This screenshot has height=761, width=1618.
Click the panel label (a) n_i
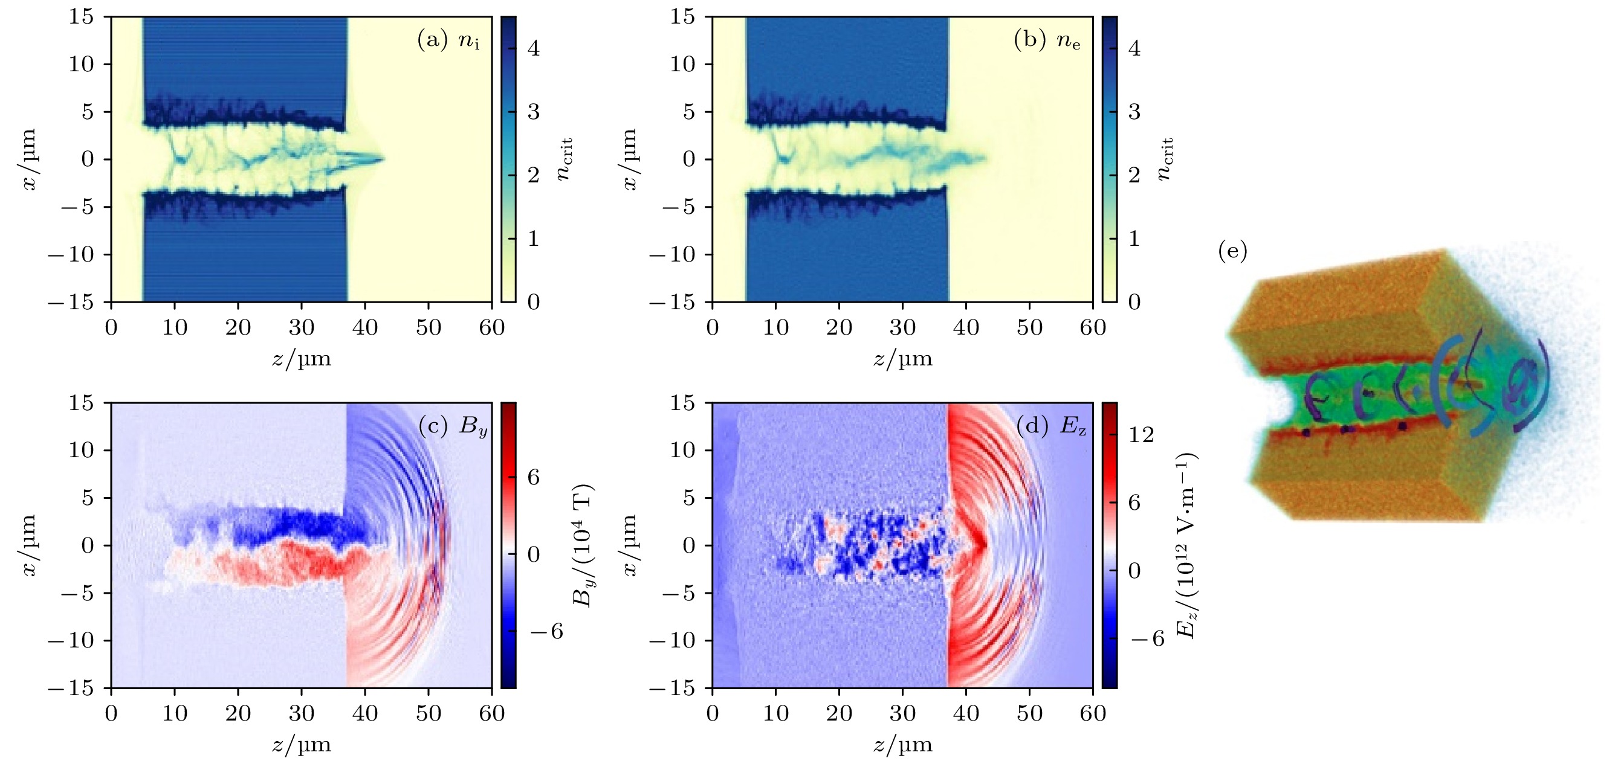coord(448,41)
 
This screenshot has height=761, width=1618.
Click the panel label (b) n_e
coord(1047,41)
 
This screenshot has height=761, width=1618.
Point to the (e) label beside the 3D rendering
coord(1232,252)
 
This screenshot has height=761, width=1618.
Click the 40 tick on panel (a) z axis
coord(365,327)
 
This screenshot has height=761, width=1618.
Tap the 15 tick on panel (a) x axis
coord(81,17)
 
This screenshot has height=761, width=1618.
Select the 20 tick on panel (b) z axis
coord(839,327)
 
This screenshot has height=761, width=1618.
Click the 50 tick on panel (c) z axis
coord(429,713)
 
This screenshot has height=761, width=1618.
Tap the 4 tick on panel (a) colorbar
coord(533,48)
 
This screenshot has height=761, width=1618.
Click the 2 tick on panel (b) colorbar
coord(1134,175)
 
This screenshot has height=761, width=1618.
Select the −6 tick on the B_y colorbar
coord(546,632)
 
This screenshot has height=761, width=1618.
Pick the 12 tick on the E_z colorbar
coord(1141,434)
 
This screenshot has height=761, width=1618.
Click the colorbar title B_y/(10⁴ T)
coord(583,545)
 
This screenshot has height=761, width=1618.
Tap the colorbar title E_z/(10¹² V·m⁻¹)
coord(1186,545)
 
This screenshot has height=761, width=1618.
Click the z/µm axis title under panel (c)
coord(302,745)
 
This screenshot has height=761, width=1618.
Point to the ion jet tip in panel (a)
coord(383,159)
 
